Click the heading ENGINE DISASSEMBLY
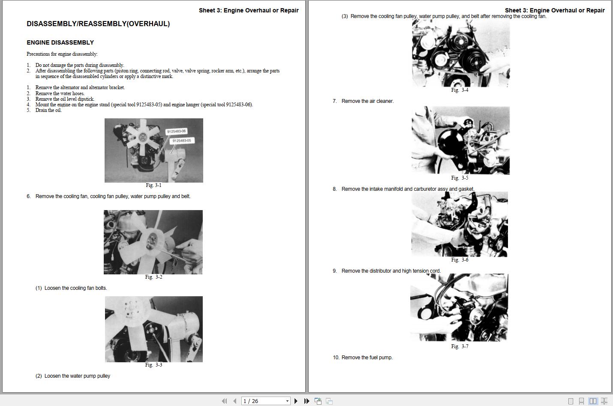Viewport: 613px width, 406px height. pyautogui.click(x=60, y=42)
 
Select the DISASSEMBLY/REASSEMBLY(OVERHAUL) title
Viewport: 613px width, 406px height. pyautogui.click(x=98, y=24)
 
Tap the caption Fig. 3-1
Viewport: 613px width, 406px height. pyautogui.click(x=153, y=185)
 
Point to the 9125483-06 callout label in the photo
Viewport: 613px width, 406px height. pyautogui.click(x=176, y=132)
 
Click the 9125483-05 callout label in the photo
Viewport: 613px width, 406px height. pyautogui.click(x=182, y=141)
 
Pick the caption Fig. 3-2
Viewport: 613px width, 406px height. pyautogui.click(x=153, y=277)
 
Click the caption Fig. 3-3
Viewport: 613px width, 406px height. pyautogui.click(x=153, y=365)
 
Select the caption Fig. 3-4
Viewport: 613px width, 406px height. pyautogui.click(x=460, y=90)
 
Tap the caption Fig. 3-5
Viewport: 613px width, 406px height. pyautogui.click(x=460, y=178)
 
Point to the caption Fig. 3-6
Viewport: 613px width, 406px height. pyautogui.click(x=460, y=260)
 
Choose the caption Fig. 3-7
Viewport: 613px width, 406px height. pyautogui.click(x=460, y=346)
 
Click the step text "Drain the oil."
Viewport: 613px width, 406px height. pyautogui.click(x=48, y=110)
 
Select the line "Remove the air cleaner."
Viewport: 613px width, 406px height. pyautogui.click(x=367, y=101)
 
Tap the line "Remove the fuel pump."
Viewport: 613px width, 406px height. pyautogui.click(x=367, y=358)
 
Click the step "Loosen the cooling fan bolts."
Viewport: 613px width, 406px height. pyautogui.click(x=75, y=288)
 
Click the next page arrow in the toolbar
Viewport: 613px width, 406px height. pyautogui.click(x=296, y=401)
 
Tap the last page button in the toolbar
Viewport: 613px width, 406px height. pyautogui.click(x=307, y=401)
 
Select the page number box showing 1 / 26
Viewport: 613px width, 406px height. pyautogui.click(x=265, y=401)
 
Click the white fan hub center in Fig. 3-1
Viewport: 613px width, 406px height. pyautogui.click(x=142, y=138)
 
